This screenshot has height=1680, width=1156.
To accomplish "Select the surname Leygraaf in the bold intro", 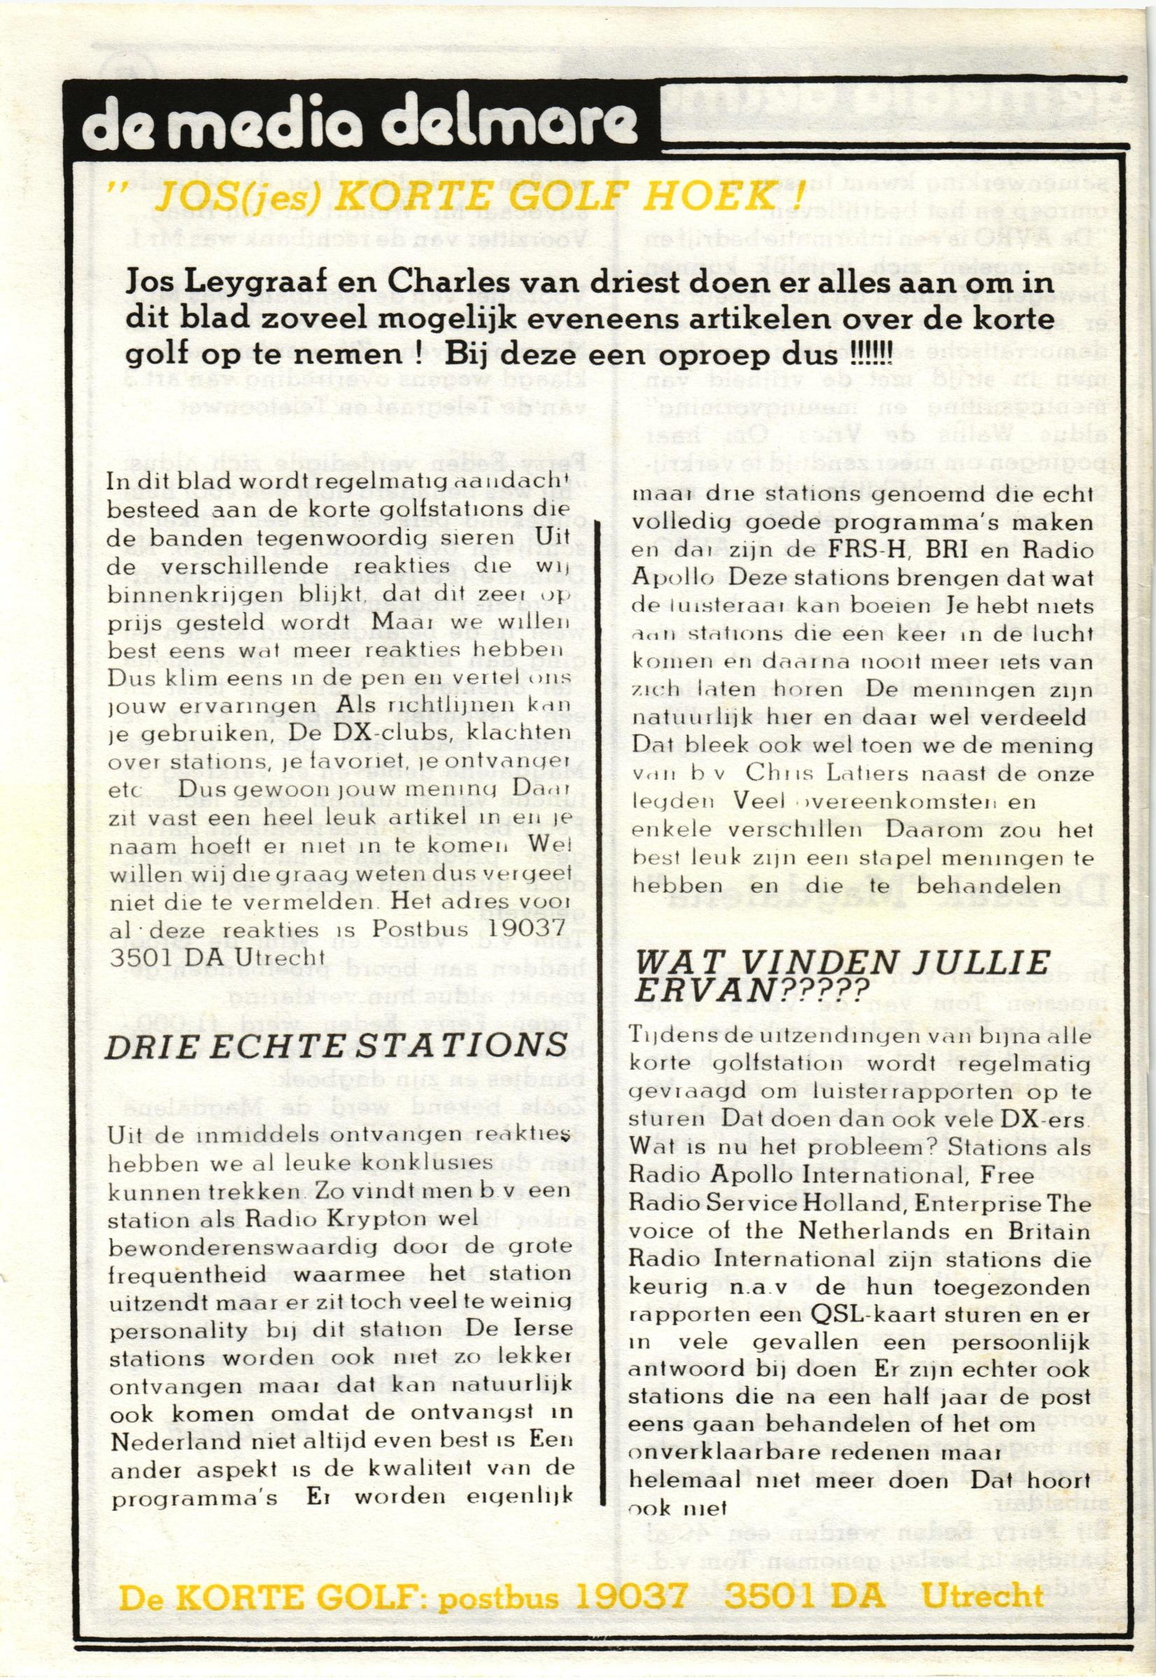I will pyautogui.click(x=240, y=285).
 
